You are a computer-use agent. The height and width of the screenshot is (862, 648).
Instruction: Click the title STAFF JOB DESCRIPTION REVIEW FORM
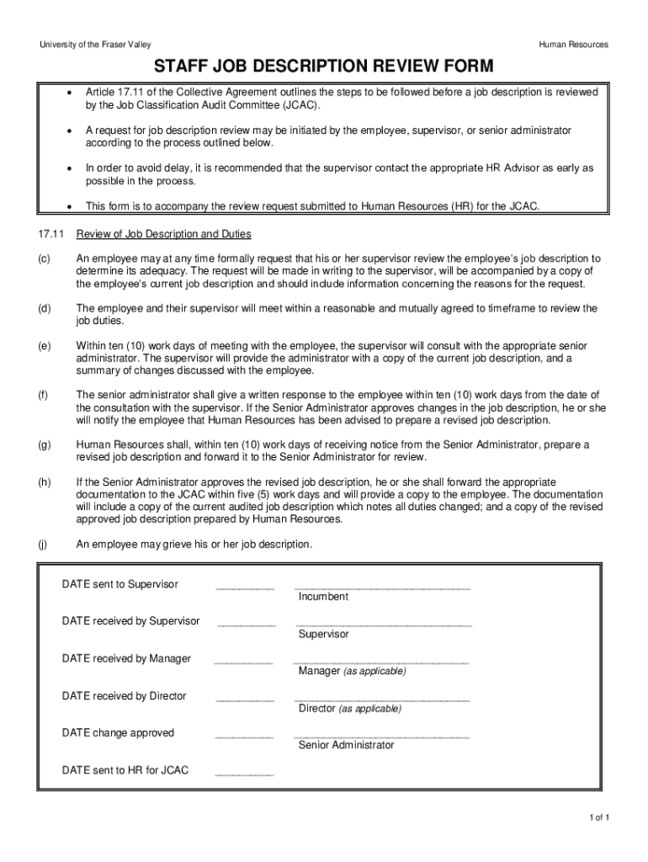tap(323, 67)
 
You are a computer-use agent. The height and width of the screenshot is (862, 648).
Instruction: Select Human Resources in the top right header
tap(575, 45)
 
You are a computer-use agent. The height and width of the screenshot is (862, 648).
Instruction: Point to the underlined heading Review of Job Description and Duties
tap(163, 234)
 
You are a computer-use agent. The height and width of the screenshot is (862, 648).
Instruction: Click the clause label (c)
tap(43, 258)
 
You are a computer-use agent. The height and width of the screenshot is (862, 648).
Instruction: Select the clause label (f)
tap(43, 395)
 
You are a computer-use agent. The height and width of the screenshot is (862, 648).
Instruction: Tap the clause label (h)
tap(43, 482)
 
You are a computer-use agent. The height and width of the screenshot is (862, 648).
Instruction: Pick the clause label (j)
tap(42, 545)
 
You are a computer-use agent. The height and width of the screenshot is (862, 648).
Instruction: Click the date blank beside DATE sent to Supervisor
tap(245, 588)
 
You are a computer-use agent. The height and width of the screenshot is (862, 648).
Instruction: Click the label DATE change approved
tap(118, 733)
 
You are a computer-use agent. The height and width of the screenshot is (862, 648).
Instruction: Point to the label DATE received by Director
tap(124, 696)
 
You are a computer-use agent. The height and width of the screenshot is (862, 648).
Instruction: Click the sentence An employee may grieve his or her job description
tap(194, 545)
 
